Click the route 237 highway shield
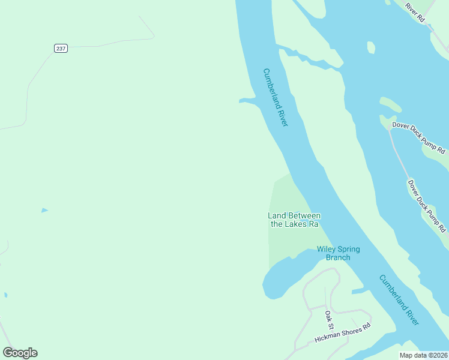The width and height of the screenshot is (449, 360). pyautogui.click(x=61, y=48)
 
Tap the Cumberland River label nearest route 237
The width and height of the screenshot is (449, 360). pyautogui.click(x=276, y=97)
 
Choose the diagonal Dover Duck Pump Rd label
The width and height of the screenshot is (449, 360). pyautogui.click(x=427, y=206)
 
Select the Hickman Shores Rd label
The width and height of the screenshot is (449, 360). pyautogui.click(x=342, y=334)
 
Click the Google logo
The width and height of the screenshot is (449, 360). pyautogui.click(x=20, y=353)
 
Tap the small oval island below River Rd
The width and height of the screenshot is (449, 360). pyautogui.click(x=371, y=47)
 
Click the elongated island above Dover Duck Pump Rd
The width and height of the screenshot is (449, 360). pyautogui.click(x=390, y=104)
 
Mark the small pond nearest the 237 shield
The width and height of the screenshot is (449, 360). pyautogui.click(x=44, y=210)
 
